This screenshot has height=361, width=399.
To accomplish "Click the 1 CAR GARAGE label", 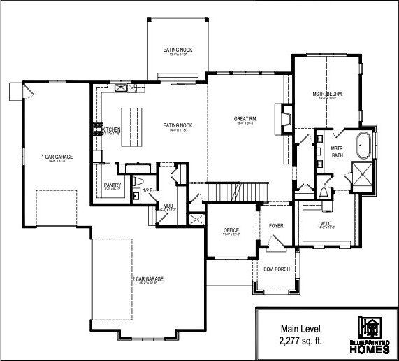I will [x=57, y=157].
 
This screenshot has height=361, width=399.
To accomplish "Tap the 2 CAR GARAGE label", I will [x=147, y=278].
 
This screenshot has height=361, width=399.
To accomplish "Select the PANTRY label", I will [x=113, y=185].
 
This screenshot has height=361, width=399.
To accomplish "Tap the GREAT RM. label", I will [x=245, y=120].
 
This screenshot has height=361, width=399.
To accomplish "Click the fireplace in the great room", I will [x=284, y=118].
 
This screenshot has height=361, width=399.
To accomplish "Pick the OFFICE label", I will [x=231, y=230].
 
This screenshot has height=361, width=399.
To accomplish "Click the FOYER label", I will [x=276, y=226].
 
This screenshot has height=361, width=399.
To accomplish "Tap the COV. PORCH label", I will [x=277, y=269].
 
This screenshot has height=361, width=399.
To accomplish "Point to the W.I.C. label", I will [x=326, y=224].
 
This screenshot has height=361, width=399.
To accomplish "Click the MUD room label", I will [x=168, y=206].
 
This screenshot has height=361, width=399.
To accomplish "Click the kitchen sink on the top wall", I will [x=122, y=88].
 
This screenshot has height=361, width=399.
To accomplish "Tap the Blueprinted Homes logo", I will [x=370, y=334].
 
